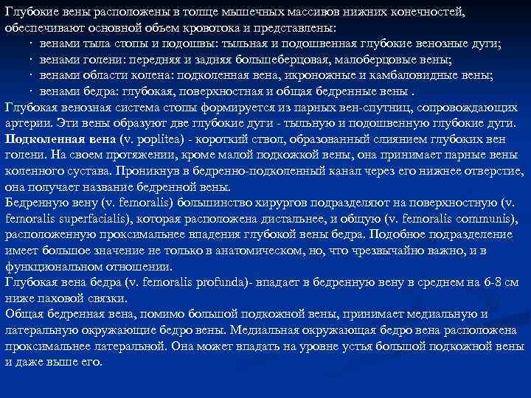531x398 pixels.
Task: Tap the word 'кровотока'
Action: coord(218,28)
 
